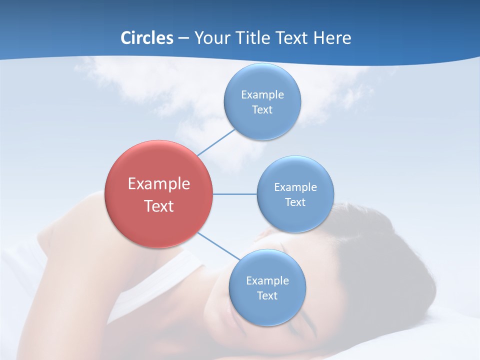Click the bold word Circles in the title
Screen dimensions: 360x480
click(146, 38)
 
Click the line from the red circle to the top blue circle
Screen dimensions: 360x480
click(216, 142)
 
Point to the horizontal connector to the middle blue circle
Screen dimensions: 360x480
click(234, 194)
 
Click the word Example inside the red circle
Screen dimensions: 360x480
click(158, 183)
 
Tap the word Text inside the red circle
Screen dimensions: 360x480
click(158, 206)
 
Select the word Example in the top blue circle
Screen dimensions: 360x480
click(262, 94)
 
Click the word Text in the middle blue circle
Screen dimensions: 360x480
click(295, 202)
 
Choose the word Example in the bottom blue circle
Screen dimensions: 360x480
click(267, 280)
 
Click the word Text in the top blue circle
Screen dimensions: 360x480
click(262, 109)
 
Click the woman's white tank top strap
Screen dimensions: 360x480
click(165, 270)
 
